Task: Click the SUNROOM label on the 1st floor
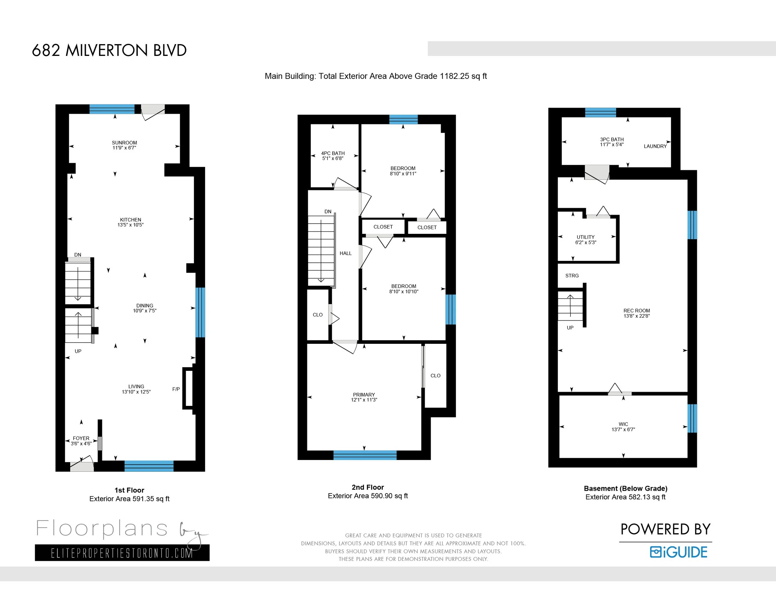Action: pos(124,143)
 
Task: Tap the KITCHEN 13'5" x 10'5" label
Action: pos(130,222)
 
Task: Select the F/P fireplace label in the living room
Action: pos(176,389)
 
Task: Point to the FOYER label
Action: pos(81,438)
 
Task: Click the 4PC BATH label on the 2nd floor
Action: pos(333,153)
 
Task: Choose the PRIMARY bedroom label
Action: pos(364,394)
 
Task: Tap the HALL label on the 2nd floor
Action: pos(345,253)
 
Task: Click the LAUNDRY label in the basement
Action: pos(655,146)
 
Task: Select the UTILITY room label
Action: pos(585,237)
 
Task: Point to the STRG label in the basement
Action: pos(572,275)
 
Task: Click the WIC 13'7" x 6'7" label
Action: pos(623,426)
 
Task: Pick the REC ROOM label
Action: pos(637,311)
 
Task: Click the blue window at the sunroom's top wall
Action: pos(112,109)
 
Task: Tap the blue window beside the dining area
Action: pos(201,312)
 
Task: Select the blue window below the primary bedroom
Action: pos(365,455)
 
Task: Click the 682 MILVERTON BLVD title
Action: pos(109,51)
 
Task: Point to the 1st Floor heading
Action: pos(129,490)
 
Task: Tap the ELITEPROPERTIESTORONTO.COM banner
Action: pos(122,553)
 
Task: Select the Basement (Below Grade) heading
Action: pos(626,489)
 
